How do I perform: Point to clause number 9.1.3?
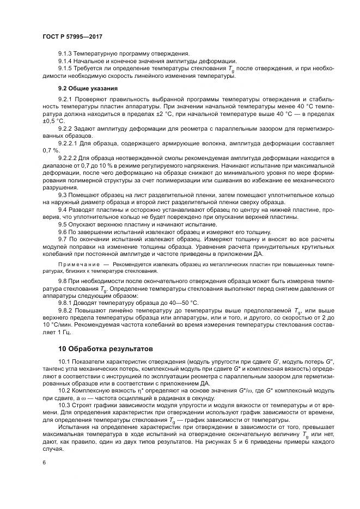click(65, 54)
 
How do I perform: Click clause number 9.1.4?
click(65, 62)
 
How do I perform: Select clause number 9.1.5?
click(65, 69)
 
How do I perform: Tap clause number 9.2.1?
click(65, 100)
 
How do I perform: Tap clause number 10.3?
click(64, 406)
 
